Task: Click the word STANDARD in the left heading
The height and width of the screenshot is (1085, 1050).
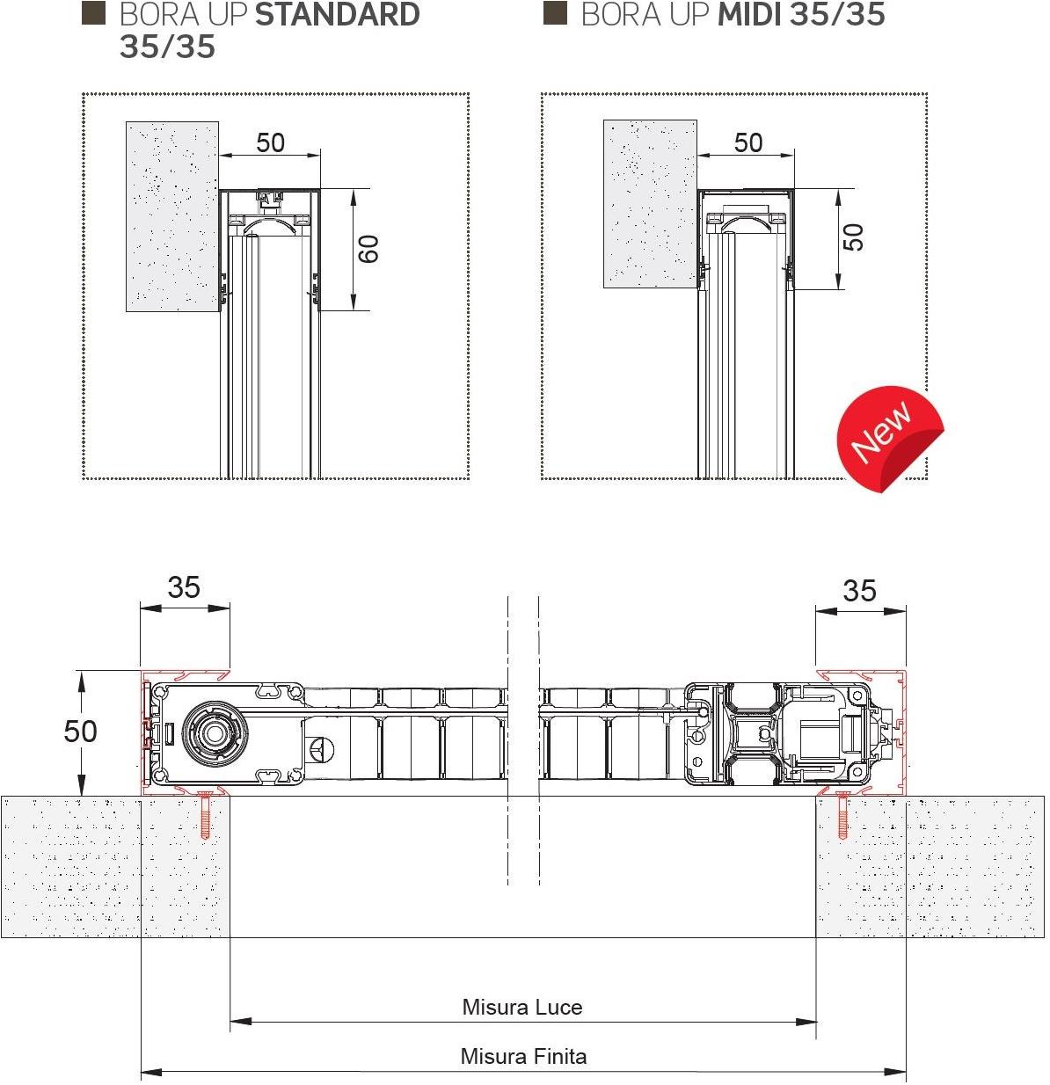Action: click(x=337, y=15)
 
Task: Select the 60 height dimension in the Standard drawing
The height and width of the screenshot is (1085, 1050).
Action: click(x=368, y=249)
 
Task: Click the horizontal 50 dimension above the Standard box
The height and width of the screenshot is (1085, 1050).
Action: click(x=270, y=142)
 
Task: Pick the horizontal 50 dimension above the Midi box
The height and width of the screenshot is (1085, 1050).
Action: click(x=747, y=142)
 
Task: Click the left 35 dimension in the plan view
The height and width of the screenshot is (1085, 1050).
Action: click(x=184, y=587)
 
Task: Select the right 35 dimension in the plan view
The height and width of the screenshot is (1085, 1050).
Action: click(x=859, y=591)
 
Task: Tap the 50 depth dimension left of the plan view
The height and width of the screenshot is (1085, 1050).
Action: click(x=80, y=732)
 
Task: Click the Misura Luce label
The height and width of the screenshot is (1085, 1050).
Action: click(x=522, y=1007)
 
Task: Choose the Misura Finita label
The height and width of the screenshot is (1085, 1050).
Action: click(x=523, y=1056)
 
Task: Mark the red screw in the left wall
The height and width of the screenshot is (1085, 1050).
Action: click(x=205, y=816)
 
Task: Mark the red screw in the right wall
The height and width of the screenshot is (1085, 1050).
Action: click(x=842, y=816)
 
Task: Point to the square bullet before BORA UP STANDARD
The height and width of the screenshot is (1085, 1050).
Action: click(x=93, y=12)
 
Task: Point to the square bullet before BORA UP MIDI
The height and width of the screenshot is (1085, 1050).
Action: click(x=555, y=12)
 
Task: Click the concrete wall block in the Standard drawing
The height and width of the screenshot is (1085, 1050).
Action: click(x=172, y=216)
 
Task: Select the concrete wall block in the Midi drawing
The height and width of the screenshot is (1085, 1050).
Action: click(x=649, y=204)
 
